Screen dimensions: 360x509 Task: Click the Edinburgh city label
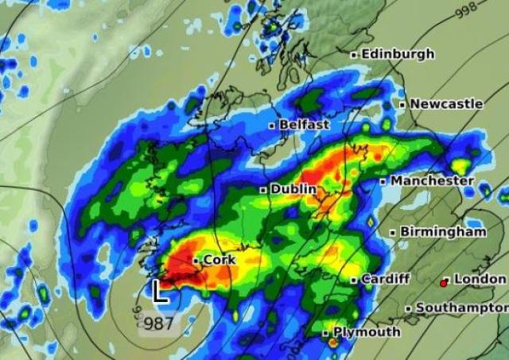(x=398, y=54)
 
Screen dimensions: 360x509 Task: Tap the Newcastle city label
(x=446, y=103)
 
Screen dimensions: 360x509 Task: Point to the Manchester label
(x=432, y=180)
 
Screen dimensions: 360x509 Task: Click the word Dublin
(x=293, y=189)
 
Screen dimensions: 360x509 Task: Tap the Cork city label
(x=220, y=260)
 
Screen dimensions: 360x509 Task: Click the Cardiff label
(x=386, y=279)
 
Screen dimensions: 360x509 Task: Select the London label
(x=480, y=279)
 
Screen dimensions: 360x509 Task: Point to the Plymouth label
(x=366, y=331)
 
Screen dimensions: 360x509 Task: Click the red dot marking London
(x=444, y=282)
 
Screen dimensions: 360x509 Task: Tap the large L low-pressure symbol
(x=160, y=292)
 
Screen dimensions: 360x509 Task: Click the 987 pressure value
(x=157, y=323)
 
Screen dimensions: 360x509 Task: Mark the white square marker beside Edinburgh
(x=355, y=55)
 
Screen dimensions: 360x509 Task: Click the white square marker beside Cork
(x=196, y=261)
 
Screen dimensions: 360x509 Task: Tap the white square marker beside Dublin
(x=263, y=190)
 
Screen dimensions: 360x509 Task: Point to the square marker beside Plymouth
(x=326, y=332)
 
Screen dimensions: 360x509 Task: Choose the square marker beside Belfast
(x=272, y=126)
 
